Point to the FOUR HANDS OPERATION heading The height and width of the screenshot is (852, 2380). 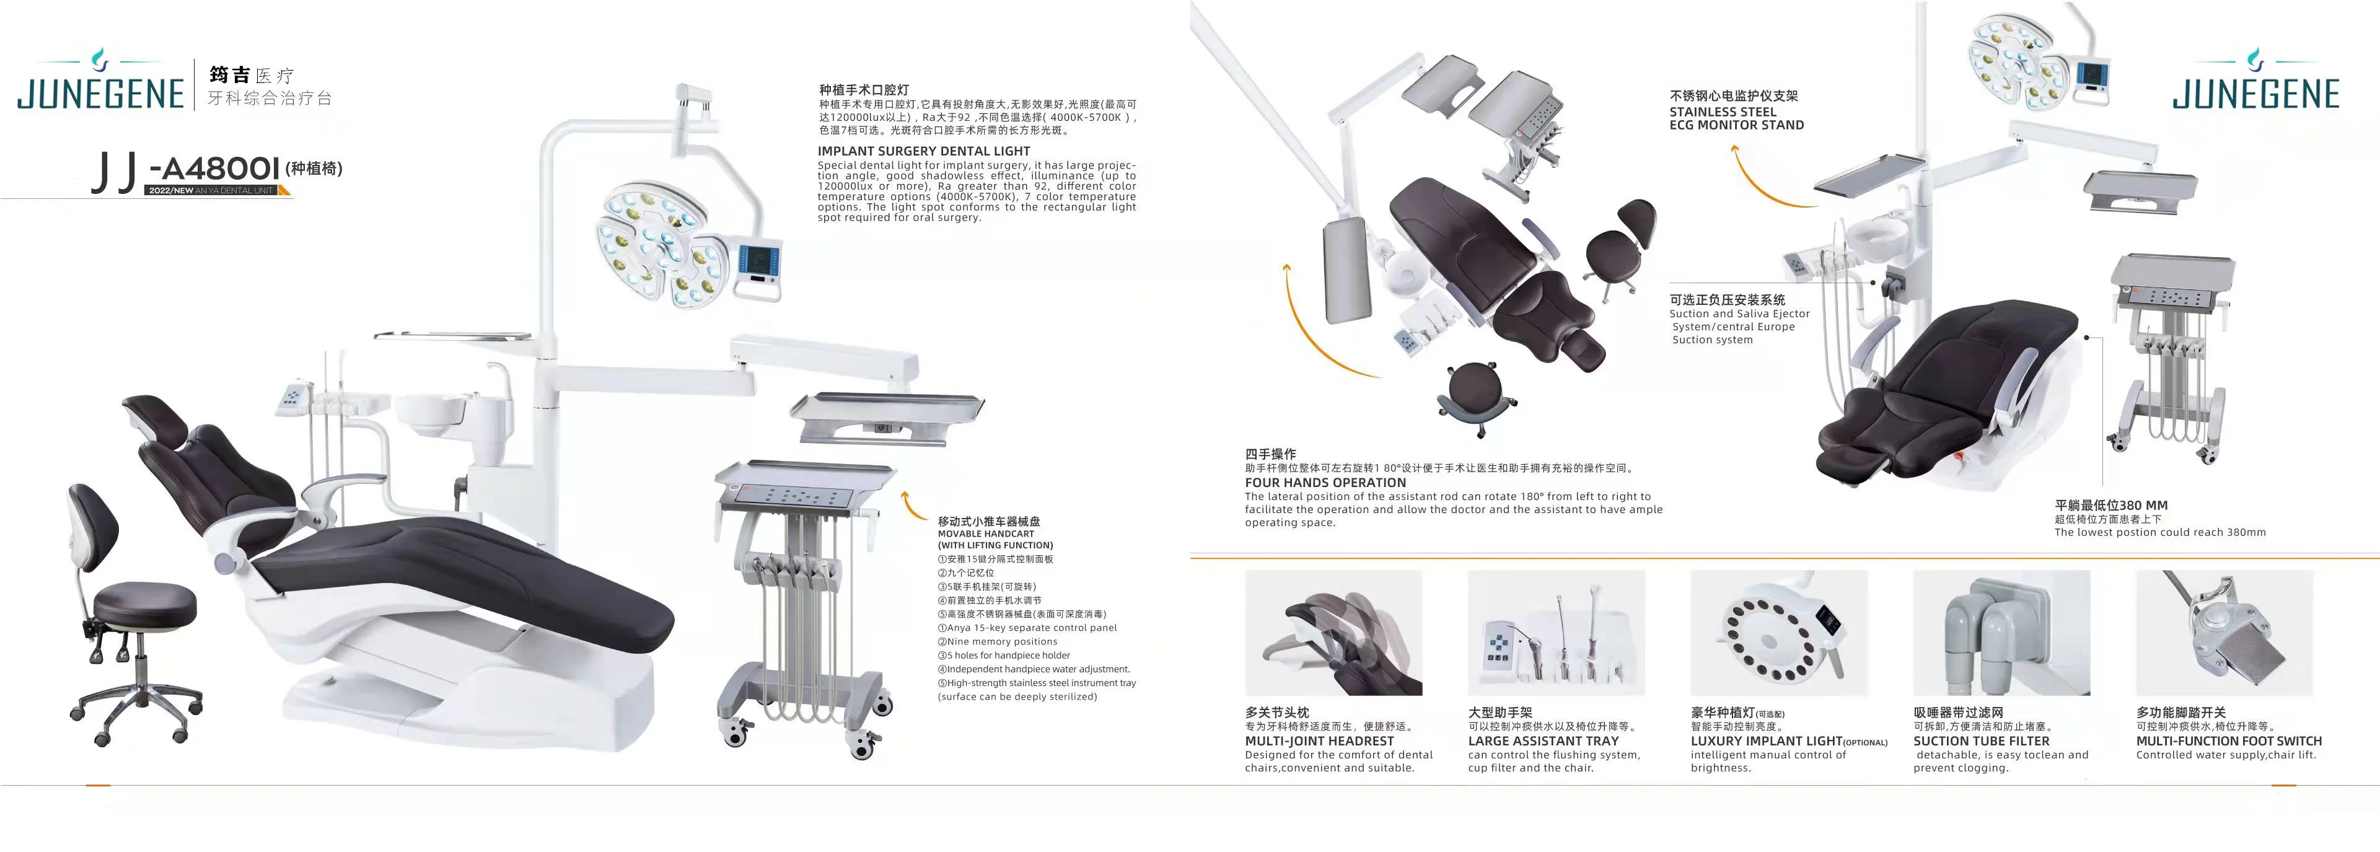tap(1325, 482)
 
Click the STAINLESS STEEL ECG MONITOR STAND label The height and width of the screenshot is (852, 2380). tap(1736, 118)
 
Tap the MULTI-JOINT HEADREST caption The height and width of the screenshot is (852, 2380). tap(1319, 741)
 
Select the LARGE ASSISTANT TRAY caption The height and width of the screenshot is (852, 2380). tap(1543, 741)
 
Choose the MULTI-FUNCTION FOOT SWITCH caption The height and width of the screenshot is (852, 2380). tap(2228, 741)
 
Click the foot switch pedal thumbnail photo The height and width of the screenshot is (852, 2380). tap(2224, 633)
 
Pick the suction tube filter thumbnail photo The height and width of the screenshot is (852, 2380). tap(2001, 633)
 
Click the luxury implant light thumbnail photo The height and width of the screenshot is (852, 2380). tap(1778, 633)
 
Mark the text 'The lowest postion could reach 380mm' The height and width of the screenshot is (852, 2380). tap(2159, 532)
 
